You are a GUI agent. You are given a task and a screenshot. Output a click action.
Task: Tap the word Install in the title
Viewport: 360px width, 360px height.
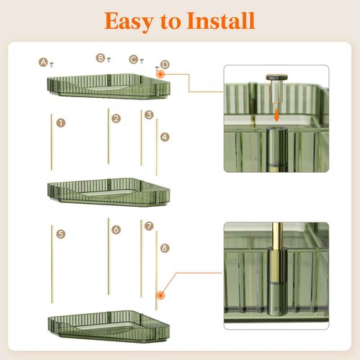coord(221,20)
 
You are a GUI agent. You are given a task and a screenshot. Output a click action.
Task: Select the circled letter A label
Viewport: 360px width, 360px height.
coord(43,62)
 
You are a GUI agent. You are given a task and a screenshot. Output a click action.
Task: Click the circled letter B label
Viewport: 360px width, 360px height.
coord(101,58)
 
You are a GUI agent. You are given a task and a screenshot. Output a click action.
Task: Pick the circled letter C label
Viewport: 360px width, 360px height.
coord(134,59)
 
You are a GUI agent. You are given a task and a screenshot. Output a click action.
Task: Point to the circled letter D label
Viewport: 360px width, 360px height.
coord(165,65)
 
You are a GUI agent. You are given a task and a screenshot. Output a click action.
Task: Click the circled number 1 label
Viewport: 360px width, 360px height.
coord(61,123)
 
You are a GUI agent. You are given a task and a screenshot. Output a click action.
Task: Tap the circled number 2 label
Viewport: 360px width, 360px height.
coord(116,119)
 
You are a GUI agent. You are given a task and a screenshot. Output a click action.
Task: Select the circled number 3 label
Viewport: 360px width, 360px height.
coord(149,114)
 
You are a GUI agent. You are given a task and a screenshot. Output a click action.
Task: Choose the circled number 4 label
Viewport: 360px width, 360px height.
coord(165,137)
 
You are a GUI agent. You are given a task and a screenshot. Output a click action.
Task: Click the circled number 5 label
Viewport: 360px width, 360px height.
coord(61,234)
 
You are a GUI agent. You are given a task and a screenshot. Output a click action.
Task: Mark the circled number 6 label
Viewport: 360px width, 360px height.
coord(116,230)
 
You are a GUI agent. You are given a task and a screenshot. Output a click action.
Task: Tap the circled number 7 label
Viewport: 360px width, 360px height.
coord(149,226)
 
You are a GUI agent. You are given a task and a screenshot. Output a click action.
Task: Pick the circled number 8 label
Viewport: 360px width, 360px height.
coord(165,248)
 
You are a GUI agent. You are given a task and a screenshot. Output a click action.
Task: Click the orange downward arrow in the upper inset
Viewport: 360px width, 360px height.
coord(276,114)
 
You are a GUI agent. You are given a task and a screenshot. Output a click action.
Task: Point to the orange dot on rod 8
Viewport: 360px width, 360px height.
coord(161,295)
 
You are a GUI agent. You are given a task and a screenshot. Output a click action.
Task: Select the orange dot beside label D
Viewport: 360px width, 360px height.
coord(160,74)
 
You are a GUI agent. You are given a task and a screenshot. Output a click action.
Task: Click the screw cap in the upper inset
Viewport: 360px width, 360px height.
coord(277,77)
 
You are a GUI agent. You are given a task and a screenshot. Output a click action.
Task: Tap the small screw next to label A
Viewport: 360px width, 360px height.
coord(51,64)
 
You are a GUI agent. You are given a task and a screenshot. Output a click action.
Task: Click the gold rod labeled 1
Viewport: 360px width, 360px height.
coord(52,142)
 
